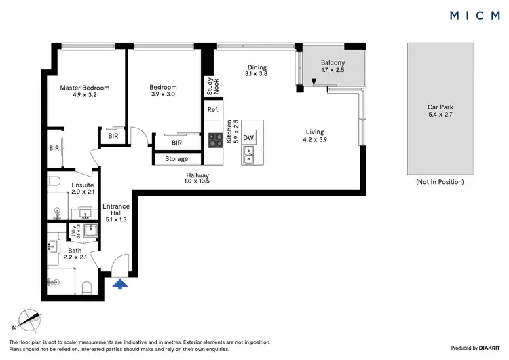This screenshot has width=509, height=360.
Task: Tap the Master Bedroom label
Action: [x=84, y=88]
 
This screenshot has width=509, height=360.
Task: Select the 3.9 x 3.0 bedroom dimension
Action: [x=163, y=95]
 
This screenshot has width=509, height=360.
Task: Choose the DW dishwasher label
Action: [x=248, y=137]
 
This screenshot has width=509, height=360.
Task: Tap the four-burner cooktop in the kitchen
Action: [x=216, y=140]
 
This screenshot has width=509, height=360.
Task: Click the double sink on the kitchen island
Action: [x=248, y=158]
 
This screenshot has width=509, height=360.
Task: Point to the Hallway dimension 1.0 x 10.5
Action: [x=197, y=181]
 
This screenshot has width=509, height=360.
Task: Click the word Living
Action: [x=314, y=132]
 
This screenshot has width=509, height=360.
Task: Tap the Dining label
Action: [x=257, y=67]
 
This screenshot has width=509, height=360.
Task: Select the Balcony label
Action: [x=333, y=63]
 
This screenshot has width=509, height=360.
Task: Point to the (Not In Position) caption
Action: [x=440, y=182]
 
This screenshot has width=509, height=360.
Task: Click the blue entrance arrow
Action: [x=119, y=284]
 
